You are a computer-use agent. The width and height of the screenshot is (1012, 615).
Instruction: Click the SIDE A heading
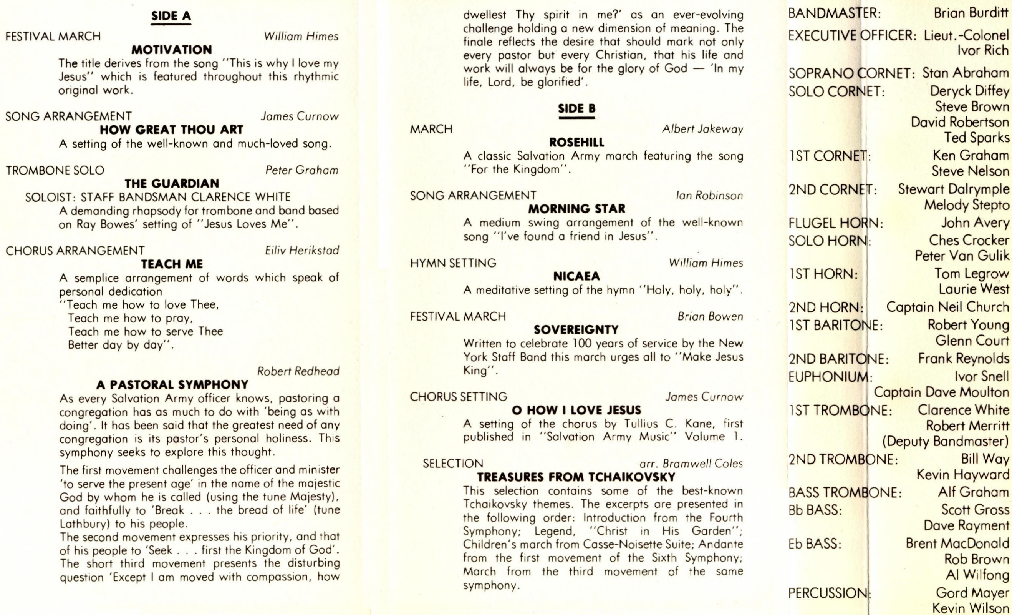[x=171, y=16]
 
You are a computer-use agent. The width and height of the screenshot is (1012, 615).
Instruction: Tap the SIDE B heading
[x=576, y=108]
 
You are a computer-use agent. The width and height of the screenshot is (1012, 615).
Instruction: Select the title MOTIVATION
[x=172, y=50]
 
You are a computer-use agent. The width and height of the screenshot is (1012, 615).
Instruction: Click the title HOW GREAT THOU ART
[x=172, y=130]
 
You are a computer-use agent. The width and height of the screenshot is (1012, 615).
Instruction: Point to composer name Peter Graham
[x=301, y=170]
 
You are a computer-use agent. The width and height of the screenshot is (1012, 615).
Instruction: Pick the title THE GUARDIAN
[x=172, y=183]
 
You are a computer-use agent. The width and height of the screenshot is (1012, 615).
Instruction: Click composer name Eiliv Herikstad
[x=302, y=250]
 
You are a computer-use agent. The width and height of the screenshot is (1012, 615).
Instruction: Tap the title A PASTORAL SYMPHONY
[x=172, y=385]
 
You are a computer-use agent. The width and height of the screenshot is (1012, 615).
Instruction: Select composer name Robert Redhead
[x=298, y=371]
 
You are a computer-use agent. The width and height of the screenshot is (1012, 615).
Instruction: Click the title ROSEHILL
[x=576, y=143]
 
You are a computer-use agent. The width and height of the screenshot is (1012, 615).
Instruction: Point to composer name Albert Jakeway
[x=702, y=129]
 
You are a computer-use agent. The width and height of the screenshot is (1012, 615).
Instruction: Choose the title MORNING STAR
[x=576, y=209]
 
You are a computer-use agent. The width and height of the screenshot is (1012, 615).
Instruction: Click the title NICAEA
[x=576, y=276]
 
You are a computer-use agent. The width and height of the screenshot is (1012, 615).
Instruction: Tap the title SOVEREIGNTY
[x=576, y=330]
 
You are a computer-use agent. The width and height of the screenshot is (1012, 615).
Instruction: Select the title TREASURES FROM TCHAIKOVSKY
[x=576, y=477]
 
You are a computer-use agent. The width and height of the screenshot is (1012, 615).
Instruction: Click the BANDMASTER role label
[x=834, y=13]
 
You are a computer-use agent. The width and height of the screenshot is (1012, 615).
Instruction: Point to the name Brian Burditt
[x=971, y=13]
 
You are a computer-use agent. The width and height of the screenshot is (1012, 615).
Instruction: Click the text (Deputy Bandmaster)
[x=946, y=442]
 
